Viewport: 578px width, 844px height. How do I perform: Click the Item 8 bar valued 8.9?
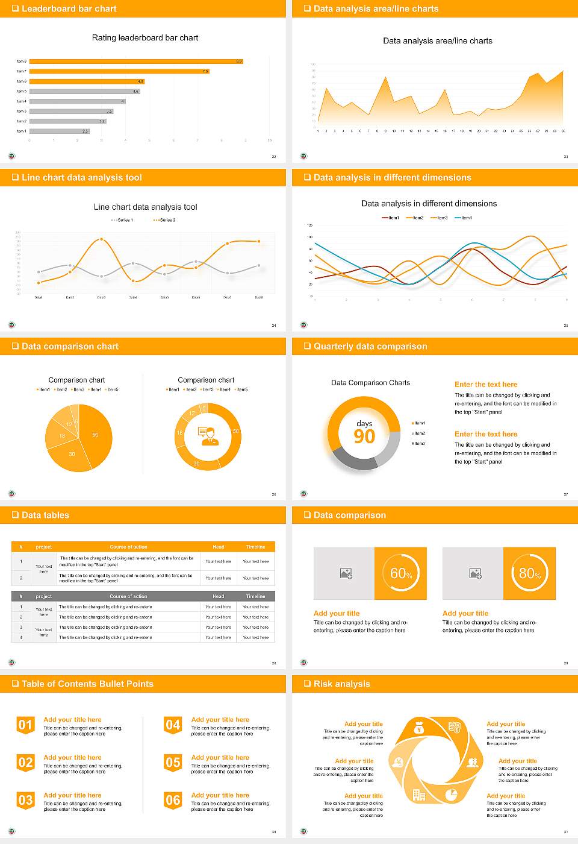pyautogui.click(x=135, y=61)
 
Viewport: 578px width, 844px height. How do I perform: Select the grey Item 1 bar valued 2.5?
pyautogui.click(x=59, y=131)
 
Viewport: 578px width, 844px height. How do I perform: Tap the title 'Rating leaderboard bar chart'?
pyautogui.click(x=145, y=38)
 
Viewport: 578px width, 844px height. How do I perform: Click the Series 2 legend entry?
pyautogui.click(x=164, y=220)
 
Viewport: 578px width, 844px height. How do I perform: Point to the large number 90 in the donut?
pyautogui.click(x=364, y=436)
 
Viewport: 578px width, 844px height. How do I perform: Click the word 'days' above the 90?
pyautogui.click(x=364, y=423)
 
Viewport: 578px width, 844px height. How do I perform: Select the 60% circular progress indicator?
pyautogui.click(x=401, y=573)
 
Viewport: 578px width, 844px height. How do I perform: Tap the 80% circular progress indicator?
pyautogui.click(x=530, y=573)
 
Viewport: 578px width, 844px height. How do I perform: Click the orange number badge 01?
pyautogui.click(x=25, y=725)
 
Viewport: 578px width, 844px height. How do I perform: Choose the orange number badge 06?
pyautogui.click(x=173, y=801)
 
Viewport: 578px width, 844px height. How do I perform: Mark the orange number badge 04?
pyautogui.click(x=173, y=725)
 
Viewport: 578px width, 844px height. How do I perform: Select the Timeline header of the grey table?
pyautogui.click(x=255, y=596)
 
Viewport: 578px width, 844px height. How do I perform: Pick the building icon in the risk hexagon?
pyautogui.click(x=419, y=795)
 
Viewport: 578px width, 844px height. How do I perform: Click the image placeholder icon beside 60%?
pyautogui.click(x=346, y=573)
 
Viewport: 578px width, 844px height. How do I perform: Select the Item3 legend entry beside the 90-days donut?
pyautogui.click(x=419, y=444)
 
